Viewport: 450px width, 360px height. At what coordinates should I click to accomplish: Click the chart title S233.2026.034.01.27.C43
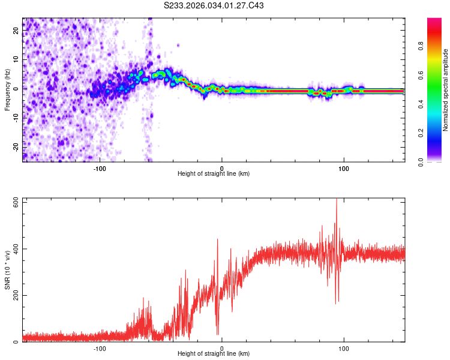click(214, 6)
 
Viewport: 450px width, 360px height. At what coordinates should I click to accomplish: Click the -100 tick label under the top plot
click(100, 167)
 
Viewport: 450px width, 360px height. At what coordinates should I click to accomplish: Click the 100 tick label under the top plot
click(344, 167)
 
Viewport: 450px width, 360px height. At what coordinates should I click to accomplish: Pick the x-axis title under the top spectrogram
click(214, 174)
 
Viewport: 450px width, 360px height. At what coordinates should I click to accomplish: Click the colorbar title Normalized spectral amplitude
click(445, 90)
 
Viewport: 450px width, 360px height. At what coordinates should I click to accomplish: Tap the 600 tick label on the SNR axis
click(15, 203)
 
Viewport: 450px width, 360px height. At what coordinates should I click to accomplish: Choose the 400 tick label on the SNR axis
click(15, 249)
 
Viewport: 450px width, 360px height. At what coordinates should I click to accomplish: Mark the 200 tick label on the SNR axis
click(15, 295)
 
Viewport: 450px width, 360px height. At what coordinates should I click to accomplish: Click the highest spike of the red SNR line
click(337, 200)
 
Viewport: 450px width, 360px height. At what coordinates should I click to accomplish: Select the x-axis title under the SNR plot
click(214, 354)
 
